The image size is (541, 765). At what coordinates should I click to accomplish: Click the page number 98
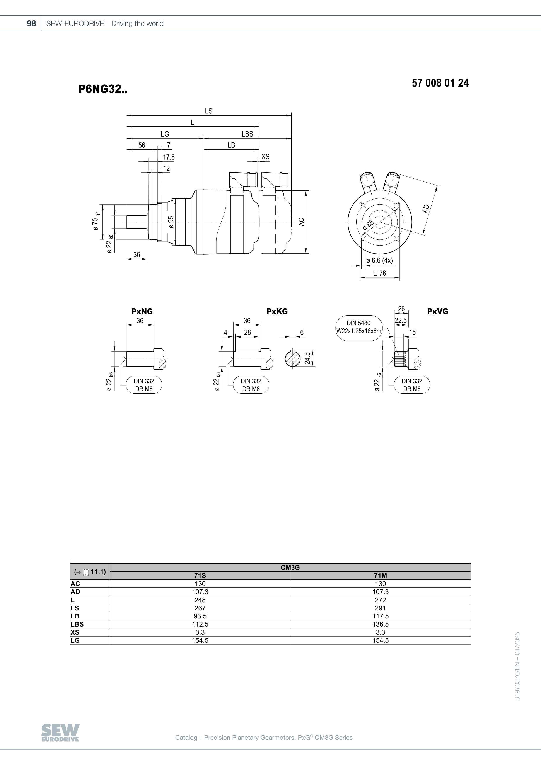31,23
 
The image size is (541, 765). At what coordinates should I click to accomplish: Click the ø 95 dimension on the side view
171,222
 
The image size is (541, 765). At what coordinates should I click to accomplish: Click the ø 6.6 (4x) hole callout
379,261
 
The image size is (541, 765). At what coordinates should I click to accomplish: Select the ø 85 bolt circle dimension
369,225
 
